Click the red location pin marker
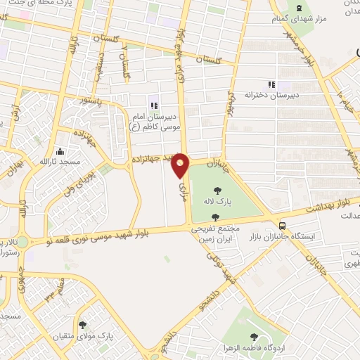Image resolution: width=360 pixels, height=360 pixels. point(181,165)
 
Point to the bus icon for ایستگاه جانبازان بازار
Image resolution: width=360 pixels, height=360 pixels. point(282,226)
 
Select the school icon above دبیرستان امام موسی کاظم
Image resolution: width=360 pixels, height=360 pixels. point(153,98)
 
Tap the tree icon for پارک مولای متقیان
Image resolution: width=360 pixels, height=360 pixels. point(83,325)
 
